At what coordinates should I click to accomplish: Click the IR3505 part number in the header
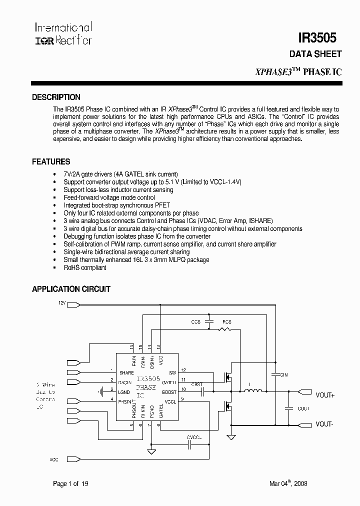pyautogui.click(x=317, y=38)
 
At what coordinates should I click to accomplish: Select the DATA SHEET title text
pyautogui.click(x=315, y=54)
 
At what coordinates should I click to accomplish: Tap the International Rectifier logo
pyautogui.click(x=62, y=33)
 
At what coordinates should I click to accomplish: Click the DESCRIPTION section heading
pyautogui.click(x=56, y=97)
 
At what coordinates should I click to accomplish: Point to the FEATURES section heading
pyautogui.click(x=51, y=162)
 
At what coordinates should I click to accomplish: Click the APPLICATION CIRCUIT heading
pyautogui.click(x=71, y=289)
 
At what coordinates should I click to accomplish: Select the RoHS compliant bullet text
pyautogui.click(x=84, y=267)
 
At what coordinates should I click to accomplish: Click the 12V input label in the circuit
pyautogui.click(x=62, y=303)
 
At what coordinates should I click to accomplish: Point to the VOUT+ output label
pyautogui.click(x=325, y=395)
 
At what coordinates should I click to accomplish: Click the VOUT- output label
pyautogui.click(x=324, y=424)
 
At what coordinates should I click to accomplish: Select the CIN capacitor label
pyautogui.click(x=283, y=374)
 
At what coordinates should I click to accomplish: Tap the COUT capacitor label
pyautogui.click(x=303, y=408)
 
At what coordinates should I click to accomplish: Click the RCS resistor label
pyautogui.click(x=227, y=322)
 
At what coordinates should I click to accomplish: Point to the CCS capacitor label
pyautogui.click(x=195, y=322)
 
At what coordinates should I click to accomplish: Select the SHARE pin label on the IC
pyautogui.click(x=126, y=372)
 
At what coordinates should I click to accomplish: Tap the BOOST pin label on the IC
pyautogui.click(x=169, y=392)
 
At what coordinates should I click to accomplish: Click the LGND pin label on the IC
pyautogui.click(x=123, y=392)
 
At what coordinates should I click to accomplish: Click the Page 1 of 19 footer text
pyautogui.click(x=71, y=483)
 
